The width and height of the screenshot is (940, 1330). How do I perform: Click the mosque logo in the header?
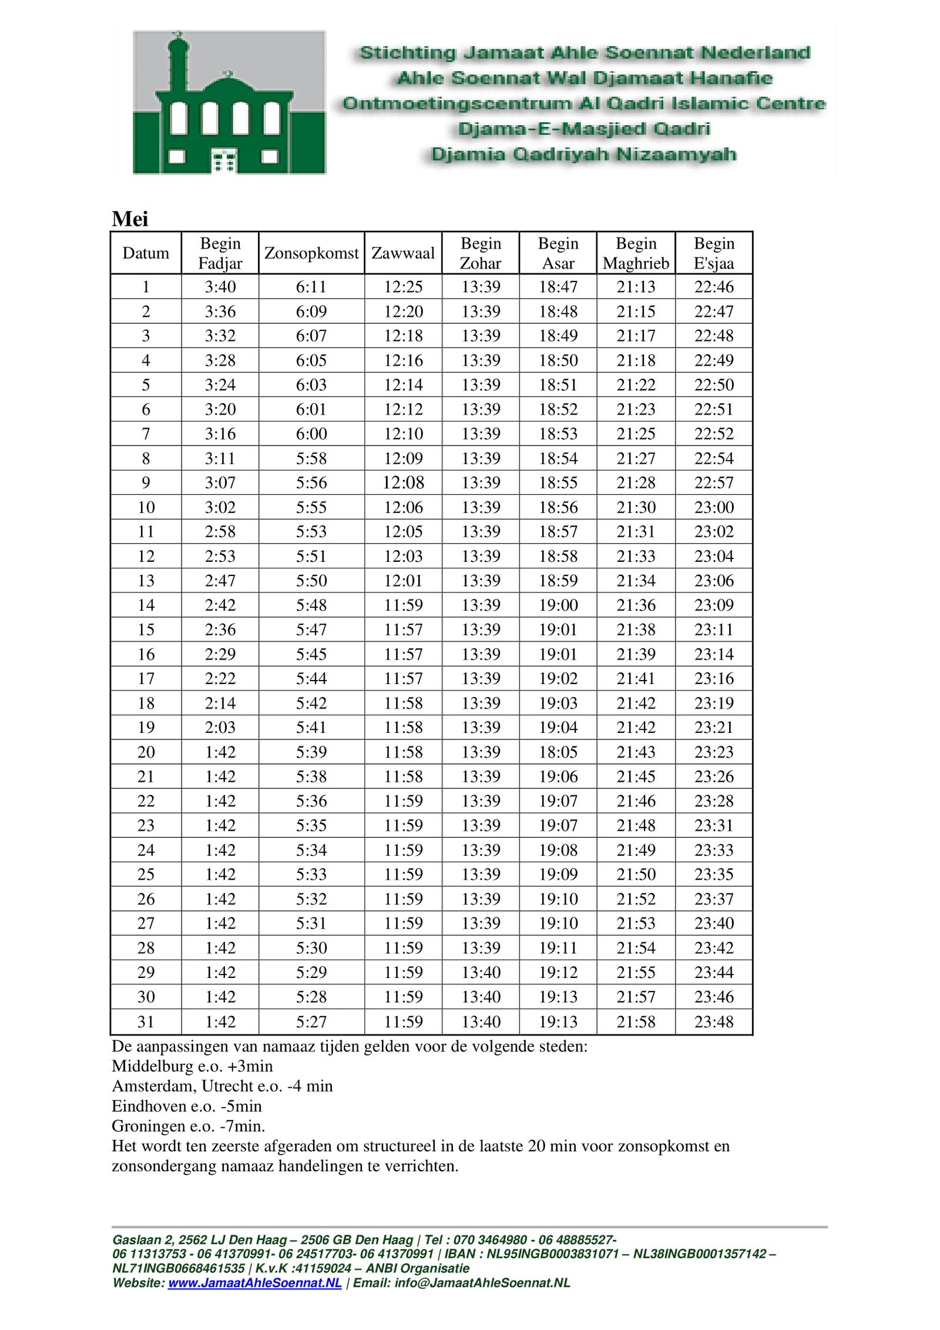[229, 102]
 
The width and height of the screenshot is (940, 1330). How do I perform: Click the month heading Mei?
[130, 219]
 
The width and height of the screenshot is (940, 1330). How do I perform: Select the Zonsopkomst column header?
[311, 253]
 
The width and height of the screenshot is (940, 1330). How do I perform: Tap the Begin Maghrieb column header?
[636, 253]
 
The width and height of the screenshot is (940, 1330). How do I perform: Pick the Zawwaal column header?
[403, 253]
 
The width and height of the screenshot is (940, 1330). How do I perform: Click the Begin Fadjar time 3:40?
[220, 287]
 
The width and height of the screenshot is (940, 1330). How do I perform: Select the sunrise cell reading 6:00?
[311, 434]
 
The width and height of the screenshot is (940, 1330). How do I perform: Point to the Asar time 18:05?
[558, 752]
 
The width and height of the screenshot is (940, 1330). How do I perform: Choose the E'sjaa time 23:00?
[714, 507]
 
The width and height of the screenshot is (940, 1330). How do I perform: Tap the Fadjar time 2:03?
[220, 728]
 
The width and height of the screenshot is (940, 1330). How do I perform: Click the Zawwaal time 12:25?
[403, 287]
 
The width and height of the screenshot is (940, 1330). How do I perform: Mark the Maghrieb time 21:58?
[636, 1021]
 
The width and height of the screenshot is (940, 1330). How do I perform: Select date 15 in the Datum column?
[146, 629]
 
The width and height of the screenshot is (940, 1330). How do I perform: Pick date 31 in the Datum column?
[146, 1021]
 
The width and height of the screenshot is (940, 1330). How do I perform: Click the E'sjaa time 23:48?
[714, 1021]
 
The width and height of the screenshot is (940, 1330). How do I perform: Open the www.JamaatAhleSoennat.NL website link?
[254, 1282]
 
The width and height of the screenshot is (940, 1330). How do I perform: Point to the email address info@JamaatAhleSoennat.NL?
[482, 1282]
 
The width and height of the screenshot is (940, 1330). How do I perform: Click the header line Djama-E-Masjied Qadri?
[584, 129]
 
